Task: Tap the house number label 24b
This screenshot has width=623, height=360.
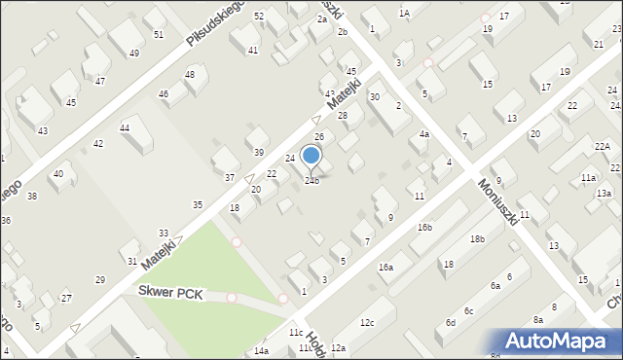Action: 311,180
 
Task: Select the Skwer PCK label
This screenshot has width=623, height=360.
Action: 170,292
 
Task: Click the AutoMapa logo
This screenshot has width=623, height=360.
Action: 561,341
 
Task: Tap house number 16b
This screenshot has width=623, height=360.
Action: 424,227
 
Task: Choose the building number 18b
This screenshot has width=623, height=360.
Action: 476,238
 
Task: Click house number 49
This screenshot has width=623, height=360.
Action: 133,53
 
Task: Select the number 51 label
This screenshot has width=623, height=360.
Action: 158,34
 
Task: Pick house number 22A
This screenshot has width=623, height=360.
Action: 604,146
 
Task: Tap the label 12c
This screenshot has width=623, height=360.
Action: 366,322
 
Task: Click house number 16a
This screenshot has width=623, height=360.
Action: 385,267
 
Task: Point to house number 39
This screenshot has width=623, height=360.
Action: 259,152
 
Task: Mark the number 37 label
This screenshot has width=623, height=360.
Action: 230,177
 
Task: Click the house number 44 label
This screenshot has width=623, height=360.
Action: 125,127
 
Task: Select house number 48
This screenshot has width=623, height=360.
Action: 190,74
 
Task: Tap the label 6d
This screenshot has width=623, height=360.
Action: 451,322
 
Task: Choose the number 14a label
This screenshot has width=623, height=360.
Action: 262,350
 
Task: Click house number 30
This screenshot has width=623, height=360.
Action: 374,96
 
